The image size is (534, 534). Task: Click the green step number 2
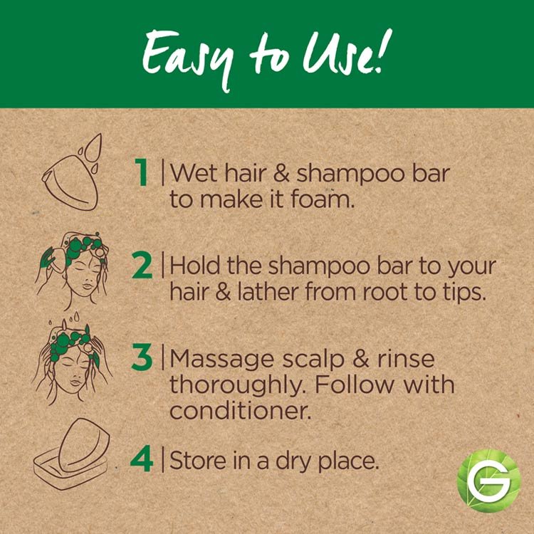(x=142, y=266)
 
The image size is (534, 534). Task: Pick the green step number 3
(x=142, y=358)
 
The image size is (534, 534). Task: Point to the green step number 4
(x=142, y=459)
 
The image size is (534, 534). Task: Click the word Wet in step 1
(x=194, y=173)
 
